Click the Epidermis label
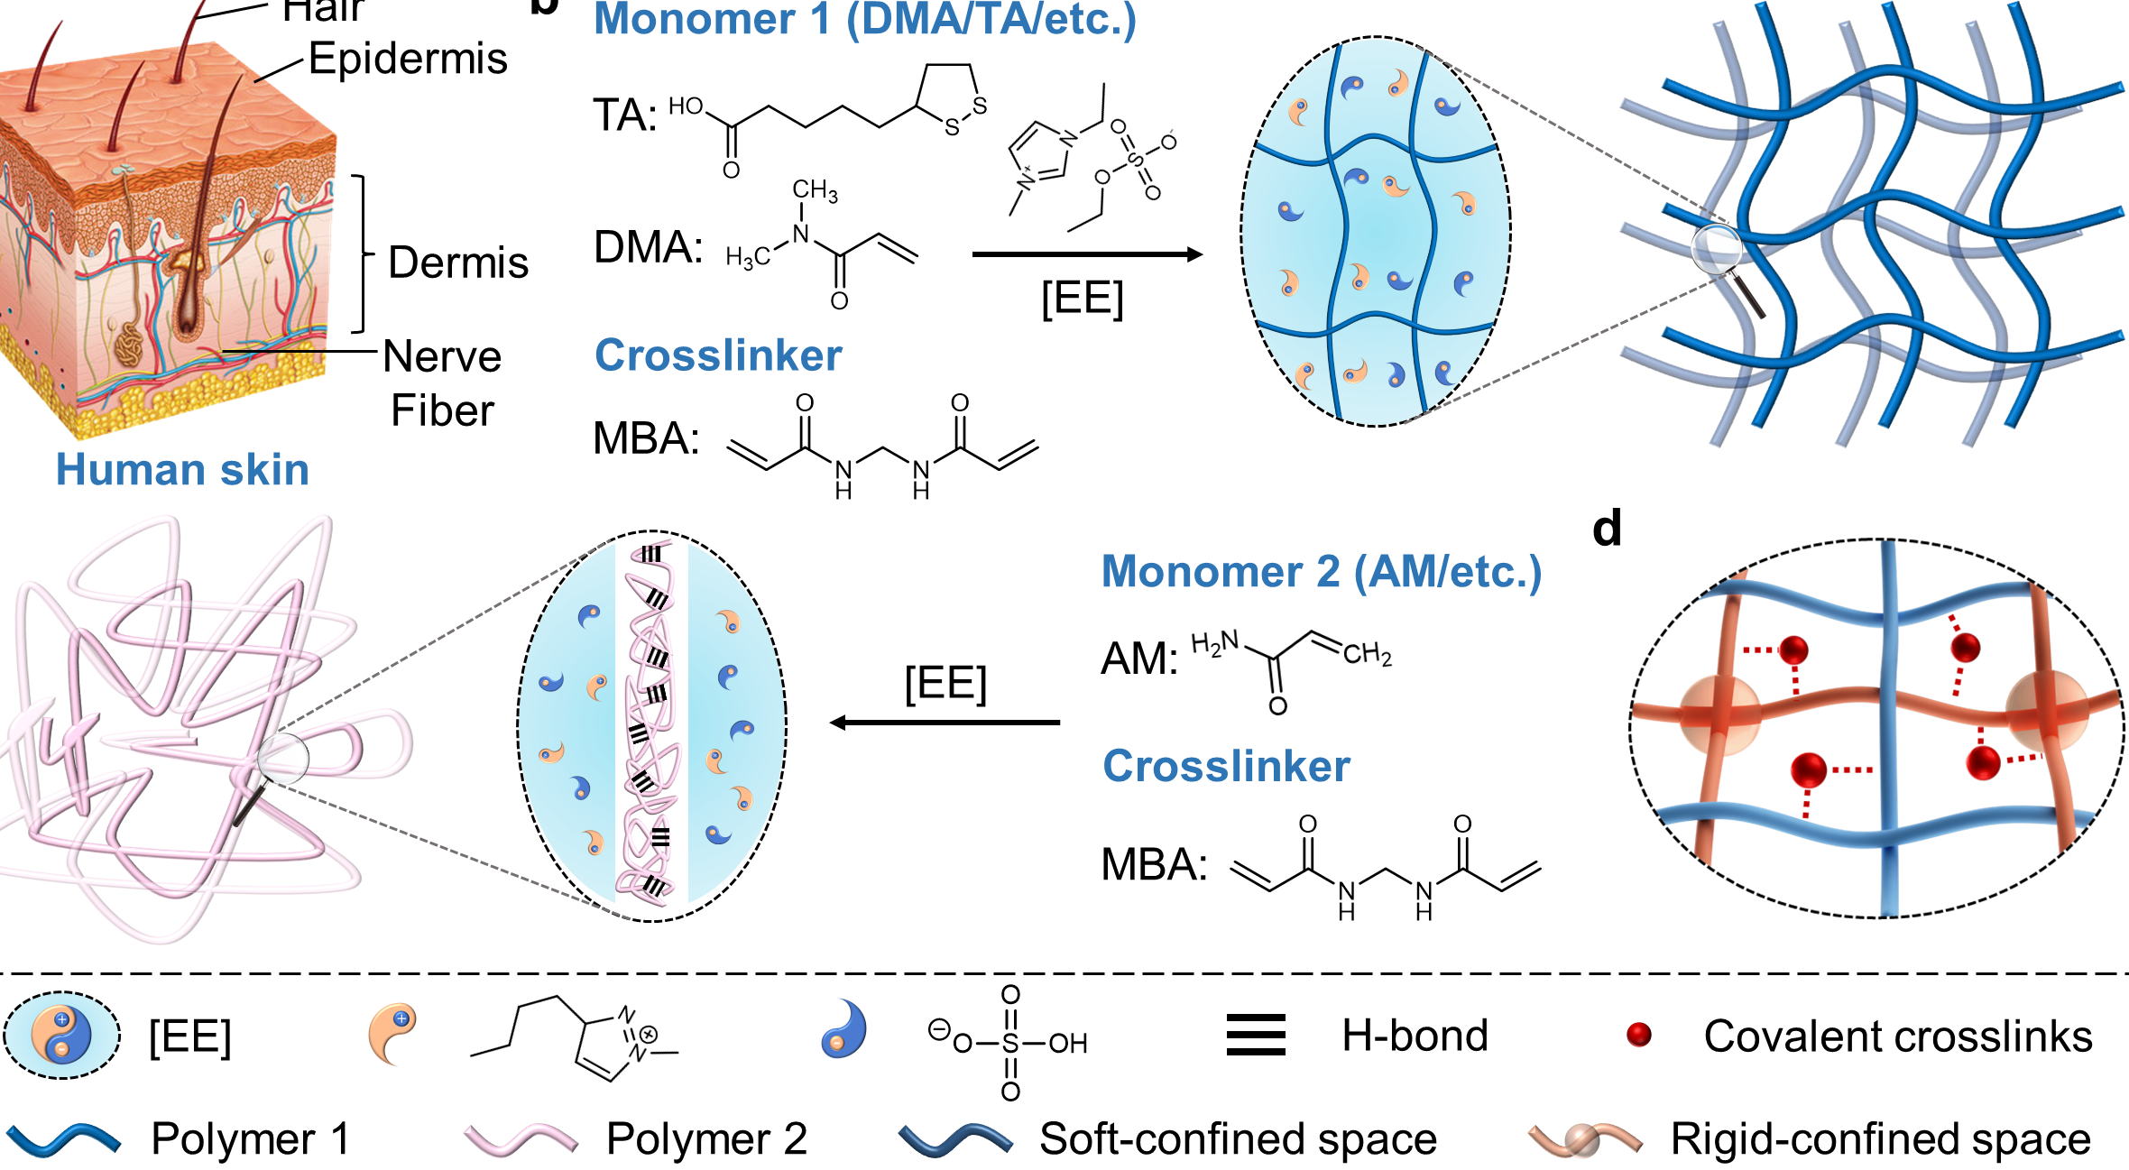pos(408,60)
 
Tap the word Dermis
pos(457,263)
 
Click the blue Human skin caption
pos(182,470)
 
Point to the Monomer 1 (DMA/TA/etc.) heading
pos(864,20)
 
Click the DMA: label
pos(648,247)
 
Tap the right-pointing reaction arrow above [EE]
pos(1086,255)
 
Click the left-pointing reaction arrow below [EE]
pos(945,723)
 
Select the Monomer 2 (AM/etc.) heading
pos(1322,572)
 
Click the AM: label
pos(1139,659)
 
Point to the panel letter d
pos(1607,529)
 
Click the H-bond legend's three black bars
pos(1256,1036)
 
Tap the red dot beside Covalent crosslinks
pos(1638,1035)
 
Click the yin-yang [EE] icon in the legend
pos(61,1035)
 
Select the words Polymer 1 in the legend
pos(250,1139)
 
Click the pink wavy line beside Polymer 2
pos(521,1139)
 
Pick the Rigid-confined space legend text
pos(1880,1139)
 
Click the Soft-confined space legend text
pos(1238,1139)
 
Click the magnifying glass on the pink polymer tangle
pos(282,758)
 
